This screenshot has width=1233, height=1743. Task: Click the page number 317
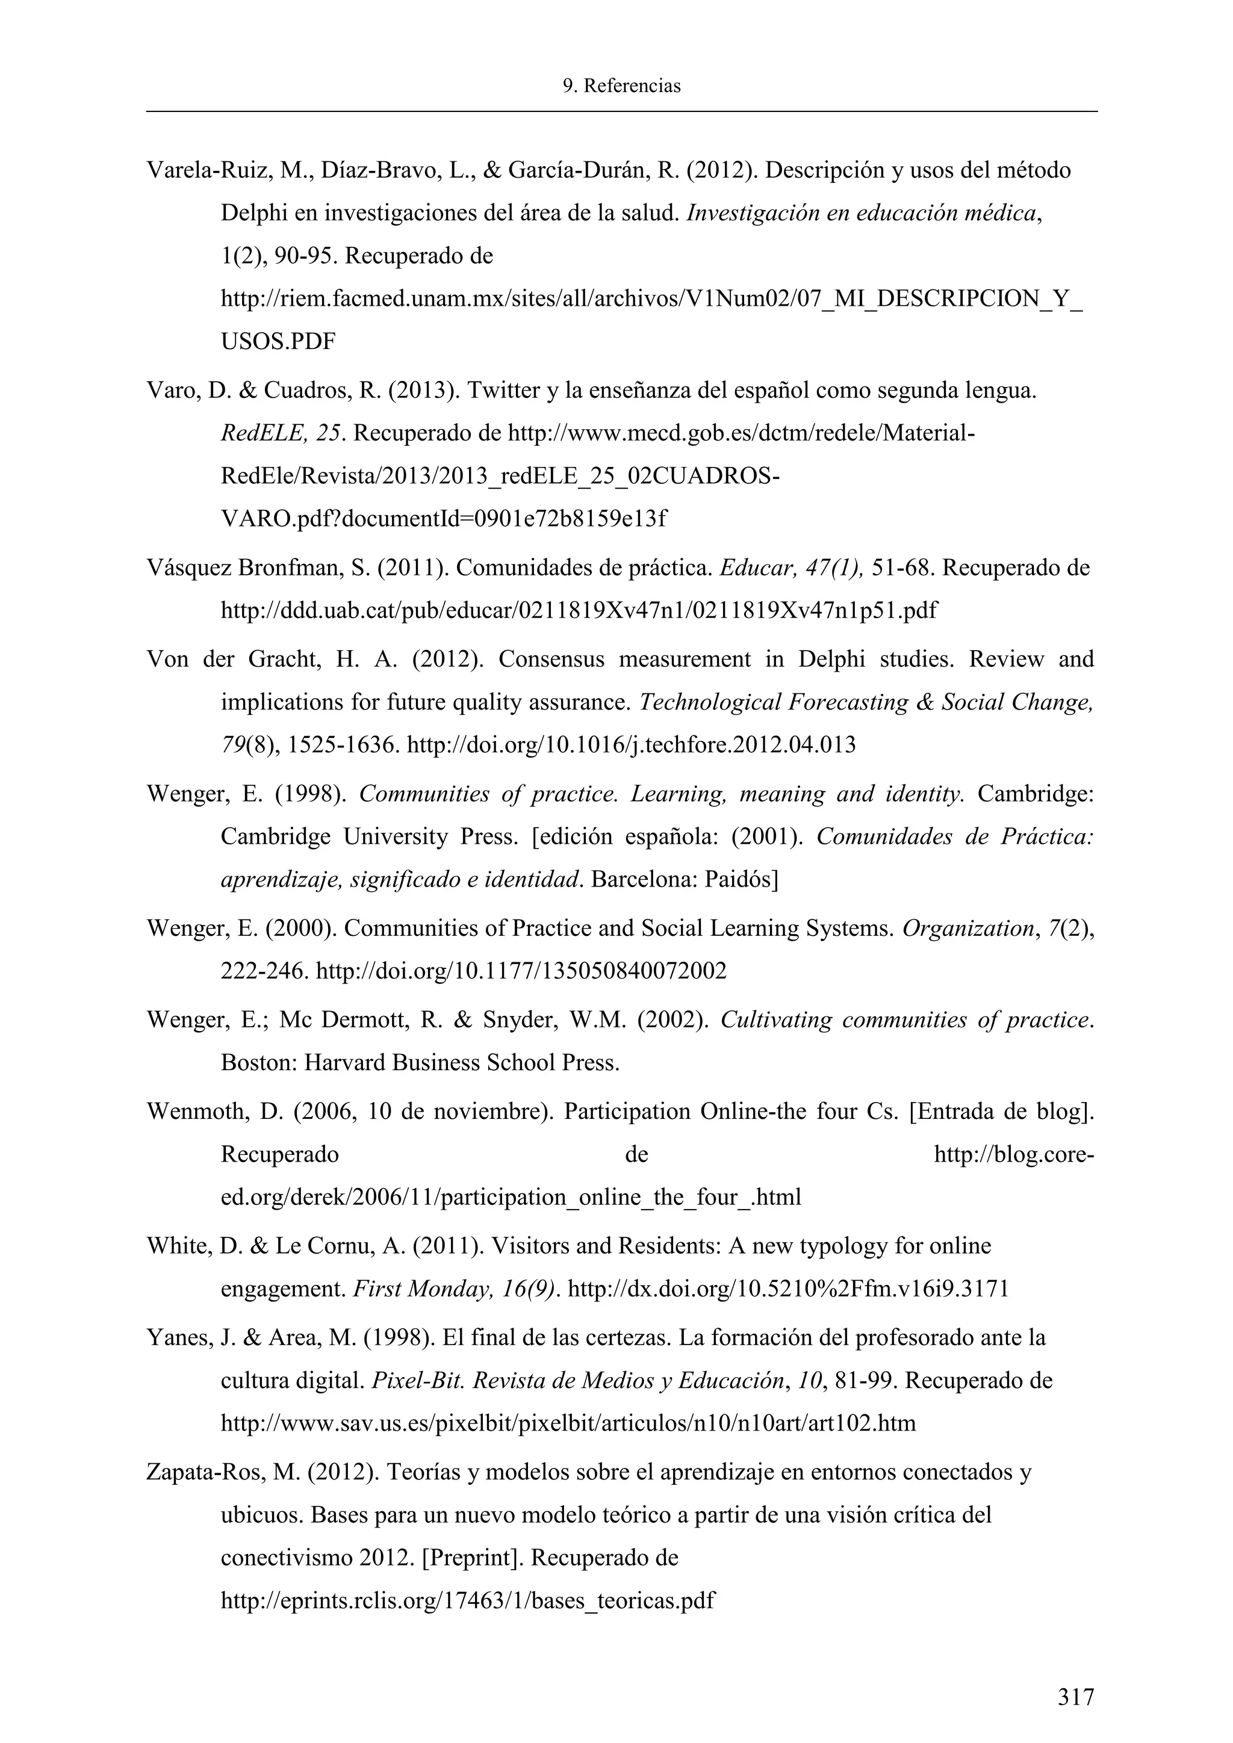pyautogui.click(x=1076, y=1696)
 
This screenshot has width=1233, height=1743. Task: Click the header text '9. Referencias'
pyautogui.click(x=621, y=86)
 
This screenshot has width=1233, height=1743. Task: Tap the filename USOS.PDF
pyautogui.click(x=278, y=342)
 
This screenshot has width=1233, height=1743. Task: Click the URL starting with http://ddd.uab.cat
pyautogui.click(x=579, y=610)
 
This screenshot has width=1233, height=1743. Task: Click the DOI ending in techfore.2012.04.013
pyautogui.click(x=632, y=745)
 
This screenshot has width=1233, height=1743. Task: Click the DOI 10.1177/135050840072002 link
pyautogui.click(x=521, y=971)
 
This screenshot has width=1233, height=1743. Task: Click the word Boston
pyautogui.click(x=256, y=1063)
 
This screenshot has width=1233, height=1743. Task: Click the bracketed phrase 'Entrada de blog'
pyautogui.click(x=1001, y=1112)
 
